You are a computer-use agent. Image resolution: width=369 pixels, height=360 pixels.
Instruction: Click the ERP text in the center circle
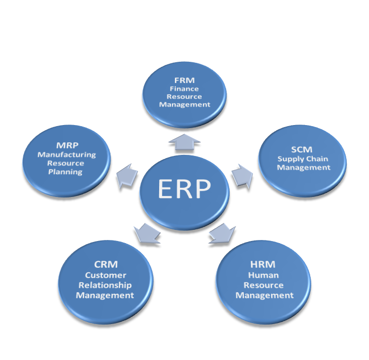[x=184, y=189]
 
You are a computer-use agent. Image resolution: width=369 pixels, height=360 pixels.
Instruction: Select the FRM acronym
[x=184, y=79]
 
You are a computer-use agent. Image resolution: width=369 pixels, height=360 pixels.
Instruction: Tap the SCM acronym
[x=302, y=149]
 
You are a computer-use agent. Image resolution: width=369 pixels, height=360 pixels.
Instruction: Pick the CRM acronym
[x=105, y=264]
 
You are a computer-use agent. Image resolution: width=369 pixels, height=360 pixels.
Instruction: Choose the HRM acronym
[x=263, y=265]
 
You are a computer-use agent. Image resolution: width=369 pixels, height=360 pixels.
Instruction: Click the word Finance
[x=184, y=88]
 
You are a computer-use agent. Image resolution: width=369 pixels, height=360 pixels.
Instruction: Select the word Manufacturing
[x=66, y=155]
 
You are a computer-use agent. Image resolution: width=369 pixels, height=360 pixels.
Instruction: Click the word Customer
[x=105, y=275]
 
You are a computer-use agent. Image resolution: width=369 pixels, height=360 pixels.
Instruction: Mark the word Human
[x=264, y=275]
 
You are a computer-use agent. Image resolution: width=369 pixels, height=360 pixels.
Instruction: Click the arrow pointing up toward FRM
[x=184, y=143]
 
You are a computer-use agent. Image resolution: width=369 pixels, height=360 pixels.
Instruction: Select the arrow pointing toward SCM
[x=242, y=175]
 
